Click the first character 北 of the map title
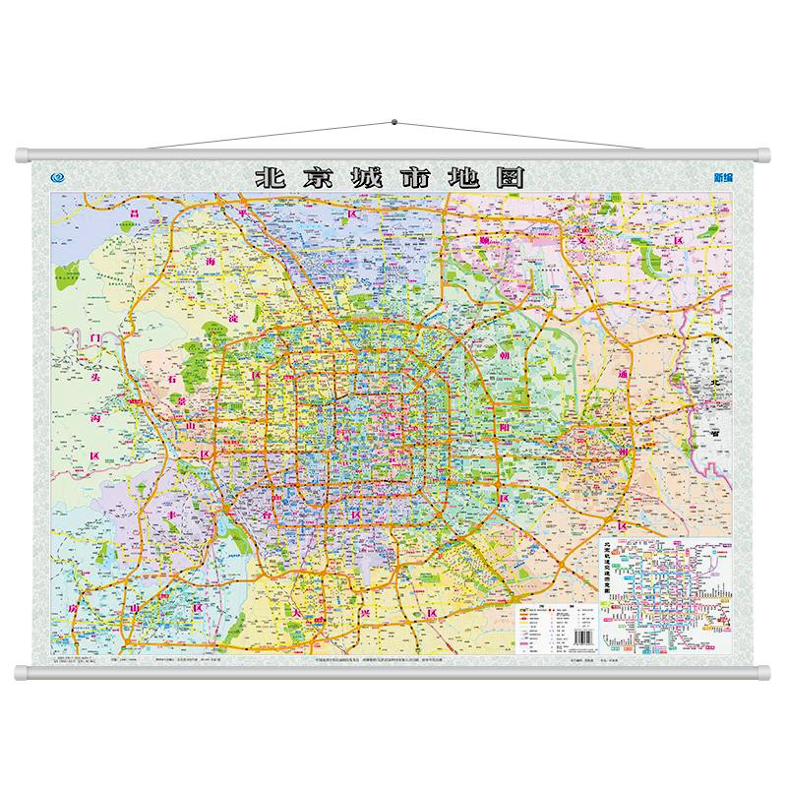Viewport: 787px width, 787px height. [268, 178]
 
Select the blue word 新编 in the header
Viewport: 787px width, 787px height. [722, 179]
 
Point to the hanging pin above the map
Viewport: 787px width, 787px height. [393, 123]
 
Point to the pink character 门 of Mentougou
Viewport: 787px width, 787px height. [96, 339]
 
